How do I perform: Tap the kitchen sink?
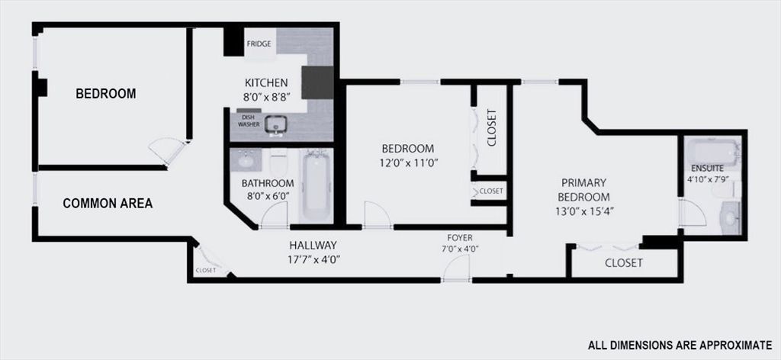275,124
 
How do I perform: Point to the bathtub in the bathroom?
315,188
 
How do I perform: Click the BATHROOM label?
268,184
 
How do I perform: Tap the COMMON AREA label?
108,204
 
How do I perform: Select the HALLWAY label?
313,246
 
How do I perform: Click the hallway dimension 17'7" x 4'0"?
313,259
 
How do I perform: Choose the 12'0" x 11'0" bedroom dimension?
408,162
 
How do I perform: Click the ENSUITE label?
708,168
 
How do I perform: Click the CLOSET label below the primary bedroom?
624,263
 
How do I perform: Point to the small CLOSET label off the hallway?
206,270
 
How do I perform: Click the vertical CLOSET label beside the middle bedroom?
492,128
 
